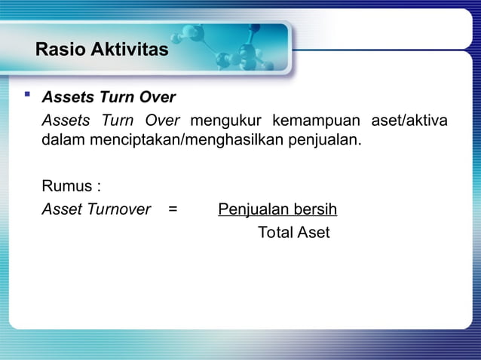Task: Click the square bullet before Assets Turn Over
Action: click(x=28, y=96)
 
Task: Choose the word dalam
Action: click(x=61, y=141)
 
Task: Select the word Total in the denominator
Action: click(x=275, y=233)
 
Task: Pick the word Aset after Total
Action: click(x=314, y=233)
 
